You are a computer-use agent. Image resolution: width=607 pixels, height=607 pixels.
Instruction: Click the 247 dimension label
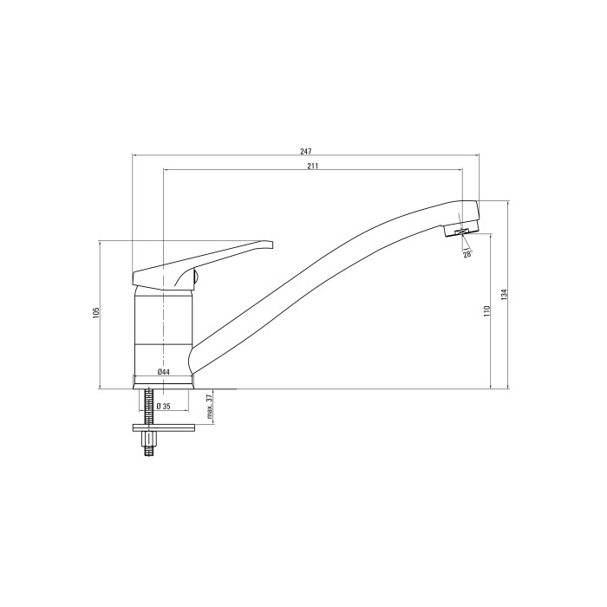[x=306, y=151]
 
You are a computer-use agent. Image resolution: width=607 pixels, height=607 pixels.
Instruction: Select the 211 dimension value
[x=313, y=166]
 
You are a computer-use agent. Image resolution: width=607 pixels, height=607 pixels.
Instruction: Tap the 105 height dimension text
[x=96, y=313]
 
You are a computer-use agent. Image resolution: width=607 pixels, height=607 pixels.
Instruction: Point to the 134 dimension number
[x=504, y=295]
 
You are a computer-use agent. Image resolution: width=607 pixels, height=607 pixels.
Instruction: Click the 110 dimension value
[x=486, y=311]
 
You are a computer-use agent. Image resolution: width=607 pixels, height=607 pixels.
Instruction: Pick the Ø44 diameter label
[x=164, y=372]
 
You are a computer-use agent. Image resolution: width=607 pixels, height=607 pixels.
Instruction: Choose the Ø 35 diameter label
[x=164, y=407]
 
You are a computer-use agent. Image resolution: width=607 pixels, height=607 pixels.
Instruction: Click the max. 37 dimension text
[x=210, y=407]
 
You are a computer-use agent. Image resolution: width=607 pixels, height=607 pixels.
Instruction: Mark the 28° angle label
[x=467, y=254]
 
